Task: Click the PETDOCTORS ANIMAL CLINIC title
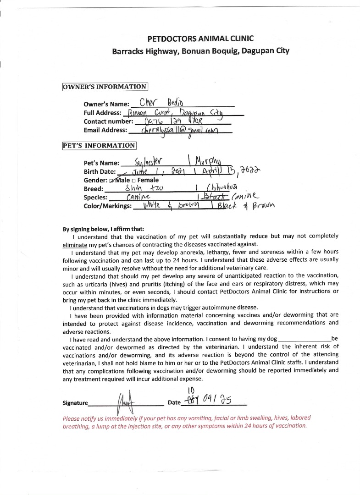(200, 38)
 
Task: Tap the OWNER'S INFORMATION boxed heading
(105, 87)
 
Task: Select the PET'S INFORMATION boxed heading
(99, 146)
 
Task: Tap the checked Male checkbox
(111, 181)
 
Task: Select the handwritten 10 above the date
(193, 390)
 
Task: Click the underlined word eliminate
(74, 244)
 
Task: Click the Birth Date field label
(100, 172)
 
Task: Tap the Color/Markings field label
(107, 206)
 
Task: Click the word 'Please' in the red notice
(73, 418)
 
